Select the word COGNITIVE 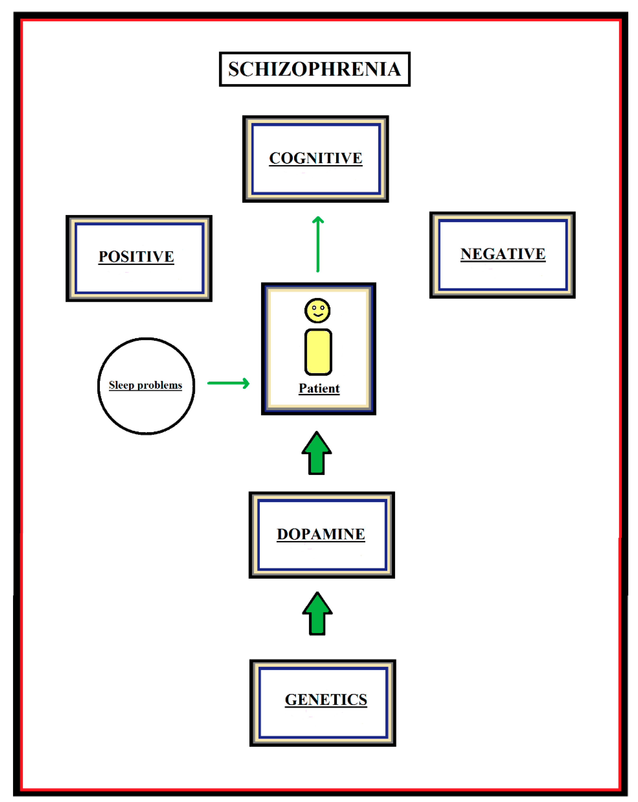pyautogui.click(x=315, y=158)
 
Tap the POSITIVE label pyautogui.click(x=136, y=257)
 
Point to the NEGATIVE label pyautogui.click(x=503, y=254)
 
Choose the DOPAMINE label pyautogui.click(x=321, y=534)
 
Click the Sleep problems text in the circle pyautogui.click(x=145, y=385)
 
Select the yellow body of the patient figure pyautogui.click(x=318, y=352)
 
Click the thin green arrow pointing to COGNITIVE pyautogui.click(x=318, y=245)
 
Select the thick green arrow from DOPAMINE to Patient pyautogui.click(x=317, y=454)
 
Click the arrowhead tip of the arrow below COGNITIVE pyautogui.click(x=318, y=218)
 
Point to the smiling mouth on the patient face pyautogui.click(x=318, y=315)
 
